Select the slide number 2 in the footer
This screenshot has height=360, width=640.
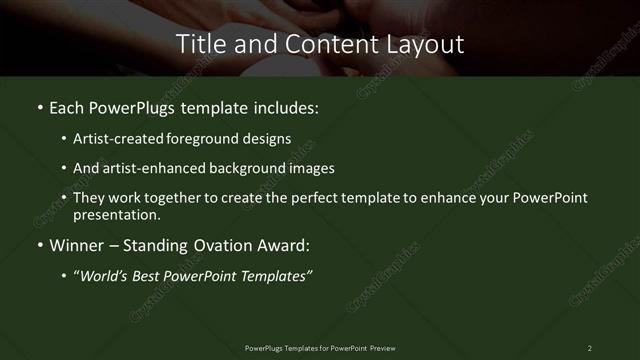tap(589, 347)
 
